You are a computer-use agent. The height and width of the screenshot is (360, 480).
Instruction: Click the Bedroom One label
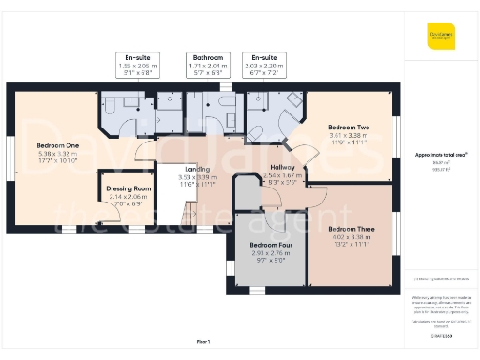point(57,146)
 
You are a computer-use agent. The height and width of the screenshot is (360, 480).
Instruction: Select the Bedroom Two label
point(348,127)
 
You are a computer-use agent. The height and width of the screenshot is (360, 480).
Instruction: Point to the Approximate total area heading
point(442,154)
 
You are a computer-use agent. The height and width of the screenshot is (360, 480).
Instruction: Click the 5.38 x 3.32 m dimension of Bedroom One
point(57,155)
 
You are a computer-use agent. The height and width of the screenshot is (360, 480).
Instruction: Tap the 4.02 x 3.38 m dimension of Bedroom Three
point(351,236)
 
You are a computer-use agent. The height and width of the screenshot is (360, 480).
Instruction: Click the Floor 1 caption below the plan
point(202,341)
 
